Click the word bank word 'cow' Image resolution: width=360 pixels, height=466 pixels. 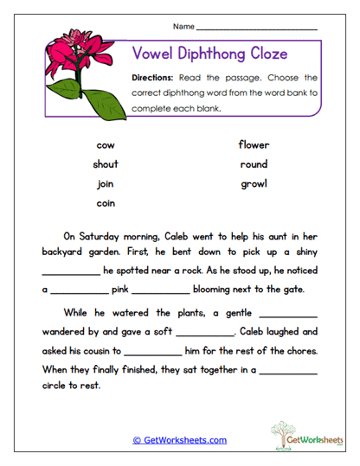tap(106, 145)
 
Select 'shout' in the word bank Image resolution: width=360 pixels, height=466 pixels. tap(106, 164)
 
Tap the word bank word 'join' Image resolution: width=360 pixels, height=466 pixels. tap(106, 183)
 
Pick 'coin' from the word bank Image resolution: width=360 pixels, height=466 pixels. tap(106, 203)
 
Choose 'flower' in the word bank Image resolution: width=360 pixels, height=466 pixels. tap(254, 145)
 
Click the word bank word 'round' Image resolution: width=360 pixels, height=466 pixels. tap(254, 164)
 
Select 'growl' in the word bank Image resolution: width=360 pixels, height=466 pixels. tap(254, 183)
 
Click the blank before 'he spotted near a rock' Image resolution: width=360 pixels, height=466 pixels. tap(70, 271)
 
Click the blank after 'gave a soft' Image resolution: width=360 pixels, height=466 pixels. tap(205, 332)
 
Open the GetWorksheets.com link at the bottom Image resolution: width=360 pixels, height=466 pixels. tap(179, 440)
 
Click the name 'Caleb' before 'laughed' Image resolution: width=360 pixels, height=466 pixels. tap(256, 332)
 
